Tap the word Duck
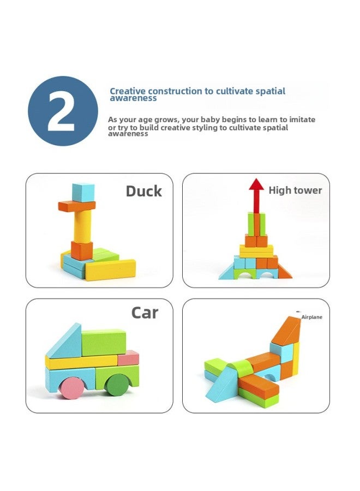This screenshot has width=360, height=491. click(x=144, y=191)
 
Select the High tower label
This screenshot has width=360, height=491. click(x=295, y=190)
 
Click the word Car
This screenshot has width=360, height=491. click(x=145, y=313)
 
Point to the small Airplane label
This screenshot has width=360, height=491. click(x=312, y=317)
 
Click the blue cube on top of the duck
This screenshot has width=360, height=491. click(x=83, y=191)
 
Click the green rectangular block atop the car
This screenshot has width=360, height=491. click(x=104, y=342)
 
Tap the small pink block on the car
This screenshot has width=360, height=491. click(x=129, y=358)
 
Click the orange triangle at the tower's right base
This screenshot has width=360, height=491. click(x=285, y=272)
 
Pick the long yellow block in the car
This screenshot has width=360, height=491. click(x=82, y=361)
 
